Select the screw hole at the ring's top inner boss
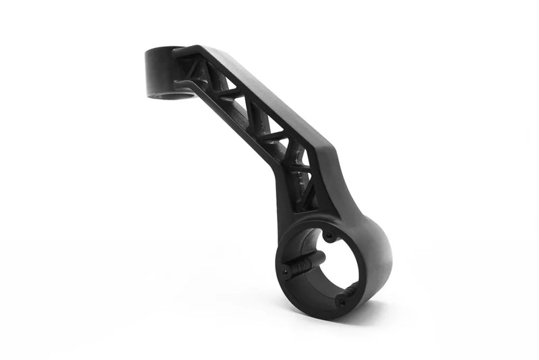point(329,236)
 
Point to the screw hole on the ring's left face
point(286,270)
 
